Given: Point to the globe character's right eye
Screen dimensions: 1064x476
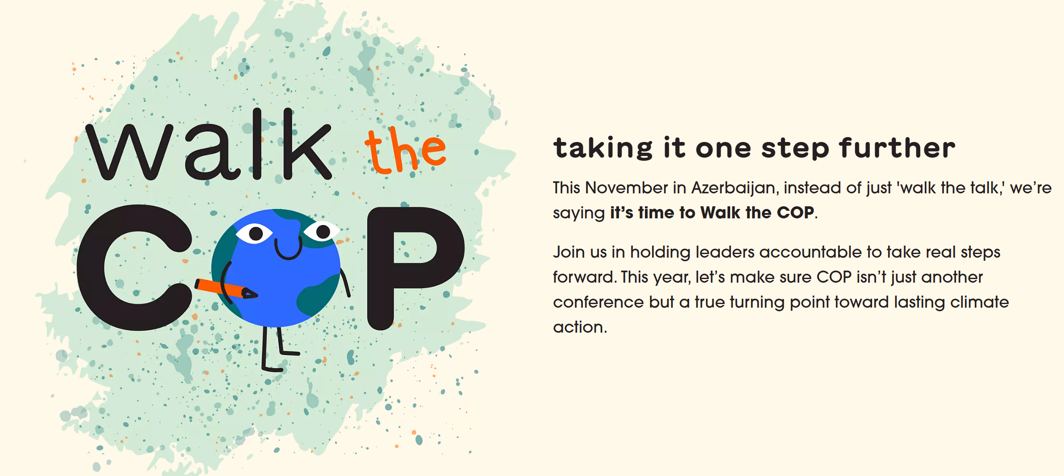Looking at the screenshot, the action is (321, 231).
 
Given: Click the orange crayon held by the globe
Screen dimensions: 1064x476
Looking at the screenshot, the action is (226, 289).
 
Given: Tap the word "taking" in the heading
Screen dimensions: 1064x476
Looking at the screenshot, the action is (603, 149).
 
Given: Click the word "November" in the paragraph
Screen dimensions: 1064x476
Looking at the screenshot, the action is (627, 188).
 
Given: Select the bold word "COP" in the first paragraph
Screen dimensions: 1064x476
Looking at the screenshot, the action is (796, 213).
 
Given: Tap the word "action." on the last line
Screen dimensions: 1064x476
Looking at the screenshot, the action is (580, 327).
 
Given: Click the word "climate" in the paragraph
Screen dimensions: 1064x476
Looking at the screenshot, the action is (980, 302).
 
